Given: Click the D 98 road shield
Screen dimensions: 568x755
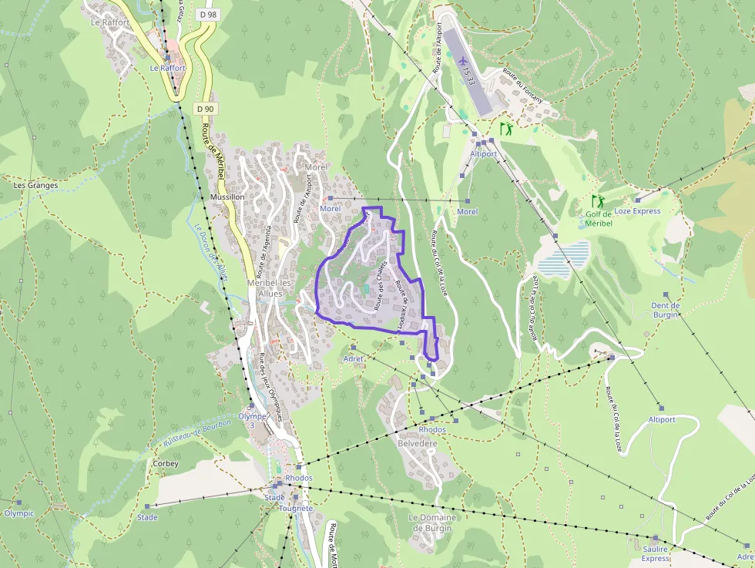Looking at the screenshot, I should point(206,14).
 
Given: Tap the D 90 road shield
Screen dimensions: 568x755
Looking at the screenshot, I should point(204,109).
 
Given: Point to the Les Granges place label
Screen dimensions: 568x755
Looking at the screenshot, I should point(35,185).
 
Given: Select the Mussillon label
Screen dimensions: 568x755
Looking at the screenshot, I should point(226,197).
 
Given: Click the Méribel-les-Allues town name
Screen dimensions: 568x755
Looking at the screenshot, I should point(276,288).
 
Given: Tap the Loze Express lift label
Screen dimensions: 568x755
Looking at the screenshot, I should point(637,211).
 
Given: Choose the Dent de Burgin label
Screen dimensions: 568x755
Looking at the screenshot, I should point(666,310).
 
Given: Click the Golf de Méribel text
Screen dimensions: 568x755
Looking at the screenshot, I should point(599,219).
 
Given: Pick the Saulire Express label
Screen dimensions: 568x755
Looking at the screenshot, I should point(656,553).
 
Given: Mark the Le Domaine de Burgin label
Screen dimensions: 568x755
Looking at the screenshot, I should point(432,523).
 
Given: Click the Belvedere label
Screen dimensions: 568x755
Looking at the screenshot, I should point(417,444).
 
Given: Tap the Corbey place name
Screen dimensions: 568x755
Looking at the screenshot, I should point(166,464).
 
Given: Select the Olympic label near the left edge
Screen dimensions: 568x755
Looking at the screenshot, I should point(19,513).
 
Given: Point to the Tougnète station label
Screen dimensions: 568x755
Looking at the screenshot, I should point(296,509).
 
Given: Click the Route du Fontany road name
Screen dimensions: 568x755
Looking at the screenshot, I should point(522,86).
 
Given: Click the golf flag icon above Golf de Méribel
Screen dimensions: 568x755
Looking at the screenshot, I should point(598,202).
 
